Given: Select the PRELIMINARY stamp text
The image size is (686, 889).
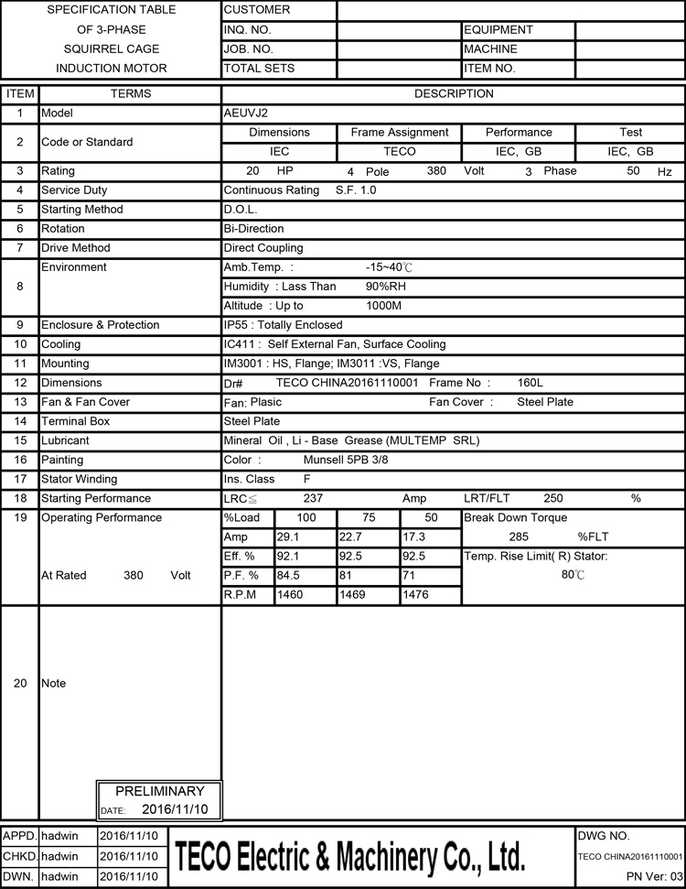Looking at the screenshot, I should click(x=160, y=791).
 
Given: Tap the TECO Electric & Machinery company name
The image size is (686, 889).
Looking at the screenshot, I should click(x=350, y=856).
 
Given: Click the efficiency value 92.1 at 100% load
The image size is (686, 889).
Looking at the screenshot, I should click(x=289, y=556).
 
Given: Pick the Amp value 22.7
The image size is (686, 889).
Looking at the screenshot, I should click(x=353, y=537).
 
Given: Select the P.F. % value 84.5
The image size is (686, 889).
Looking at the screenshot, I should click(x=289, y=575).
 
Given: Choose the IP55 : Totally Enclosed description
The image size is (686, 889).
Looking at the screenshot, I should click(x=284, y=325).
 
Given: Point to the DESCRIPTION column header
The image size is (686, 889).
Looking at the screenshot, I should click(x=454, y=93).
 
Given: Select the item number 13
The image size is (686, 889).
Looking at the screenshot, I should click(x=20, y=402).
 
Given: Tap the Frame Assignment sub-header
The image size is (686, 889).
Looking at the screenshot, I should click(x=400, y=132).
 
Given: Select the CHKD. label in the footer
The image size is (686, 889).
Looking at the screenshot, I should click(x=20, y=856).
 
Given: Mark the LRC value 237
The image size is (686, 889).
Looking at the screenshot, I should click(x=313, y=498).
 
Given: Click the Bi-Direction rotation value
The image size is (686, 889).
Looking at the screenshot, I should click(x=254, y=229).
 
